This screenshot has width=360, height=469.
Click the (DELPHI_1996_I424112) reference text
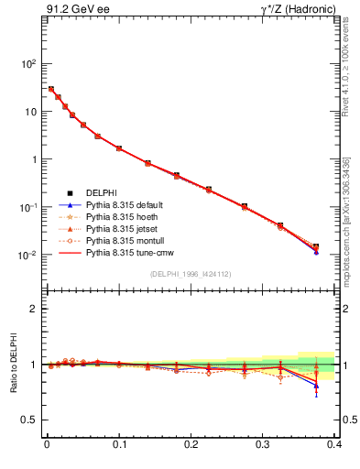pyautogui.click(x=192, y=275)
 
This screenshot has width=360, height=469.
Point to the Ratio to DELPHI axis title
pyautogui.click(x=16, y=363)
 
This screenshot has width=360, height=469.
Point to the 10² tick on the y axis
pyautogui.click(x=29, y=64)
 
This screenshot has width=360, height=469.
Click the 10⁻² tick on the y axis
pyautogui.click(x=29, y=255)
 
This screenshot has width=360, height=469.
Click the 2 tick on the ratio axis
pyautogui.click(x=33, y=309)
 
